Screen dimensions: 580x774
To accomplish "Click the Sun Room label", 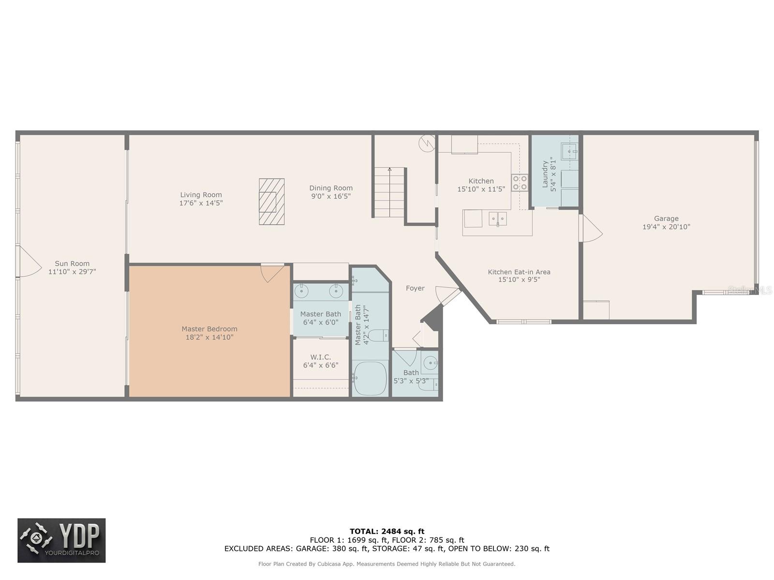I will coord(72,263).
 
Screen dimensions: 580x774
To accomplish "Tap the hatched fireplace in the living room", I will coord(271,202).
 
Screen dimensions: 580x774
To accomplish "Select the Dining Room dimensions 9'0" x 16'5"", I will coord(331,196).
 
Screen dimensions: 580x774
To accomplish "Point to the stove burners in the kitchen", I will coord(520,183).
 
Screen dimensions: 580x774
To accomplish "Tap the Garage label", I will coord(666,218).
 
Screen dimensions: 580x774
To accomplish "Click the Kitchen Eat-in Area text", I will coord(519,272).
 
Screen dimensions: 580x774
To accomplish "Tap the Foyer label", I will coord(415,288).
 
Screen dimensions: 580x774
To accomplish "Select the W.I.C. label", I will coord(320,357).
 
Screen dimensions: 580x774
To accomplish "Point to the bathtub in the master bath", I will coord(370,378).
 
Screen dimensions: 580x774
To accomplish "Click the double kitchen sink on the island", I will coord(497,219).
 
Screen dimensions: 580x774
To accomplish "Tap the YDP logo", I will coord(61,540).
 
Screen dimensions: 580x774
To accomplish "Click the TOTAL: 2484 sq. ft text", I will coord(387,531).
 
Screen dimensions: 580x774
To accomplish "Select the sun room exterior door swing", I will coord(28,262).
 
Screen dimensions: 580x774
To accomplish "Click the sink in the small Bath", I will coord(429,362).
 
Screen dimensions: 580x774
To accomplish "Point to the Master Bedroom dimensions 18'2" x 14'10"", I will coord(209,337).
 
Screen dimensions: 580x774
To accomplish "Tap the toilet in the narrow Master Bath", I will coord(379,334).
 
